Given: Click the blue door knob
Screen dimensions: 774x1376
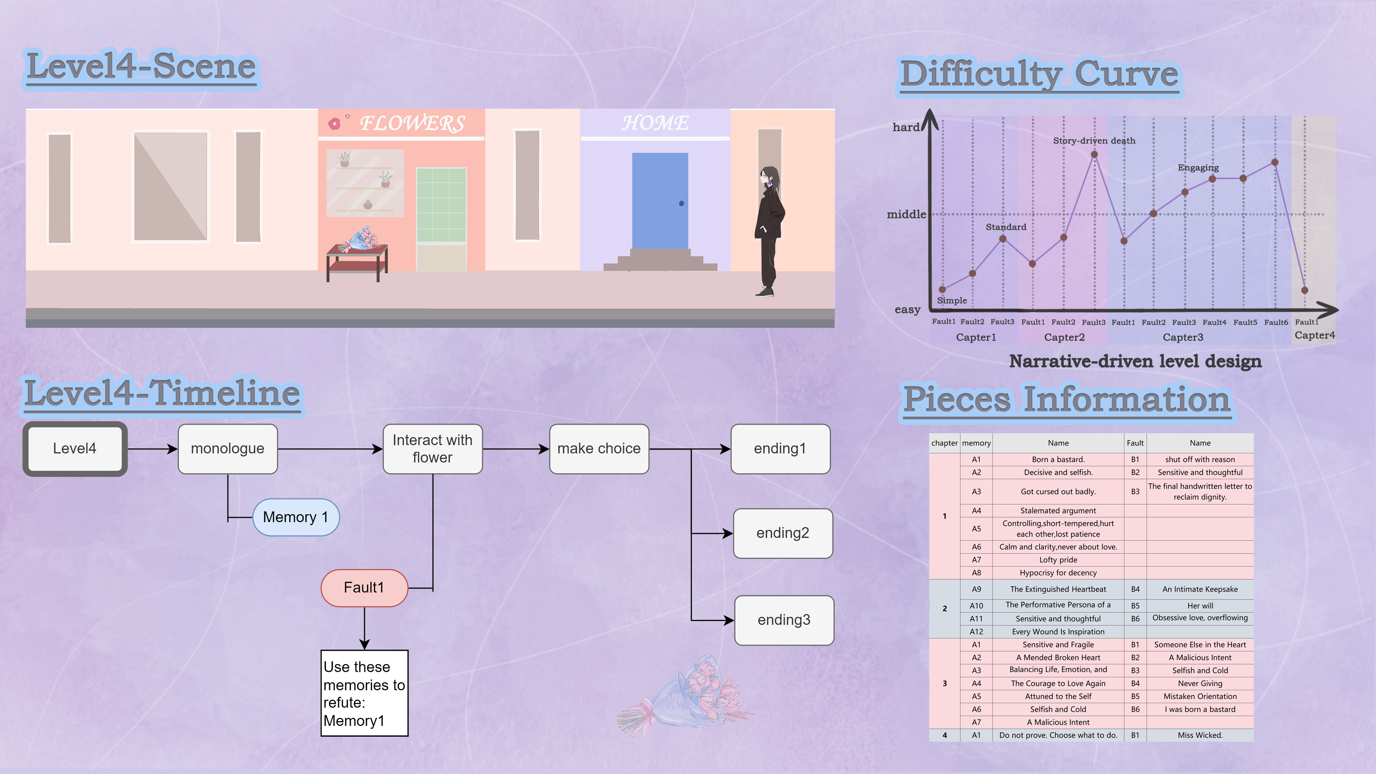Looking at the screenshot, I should pos(681,204).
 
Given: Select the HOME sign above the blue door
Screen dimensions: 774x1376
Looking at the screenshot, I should pos(655,123).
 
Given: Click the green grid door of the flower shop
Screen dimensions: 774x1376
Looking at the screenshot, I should pos(441,205).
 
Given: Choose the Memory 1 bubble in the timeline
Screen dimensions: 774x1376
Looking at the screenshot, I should pos(295,517).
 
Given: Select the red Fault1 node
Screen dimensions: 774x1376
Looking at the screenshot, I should pos(364,588).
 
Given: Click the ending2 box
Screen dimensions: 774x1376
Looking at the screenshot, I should pos(783,533).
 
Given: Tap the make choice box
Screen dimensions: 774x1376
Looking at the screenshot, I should pos(599,449).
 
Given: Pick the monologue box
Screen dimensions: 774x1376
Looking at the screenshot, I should pos(228,449).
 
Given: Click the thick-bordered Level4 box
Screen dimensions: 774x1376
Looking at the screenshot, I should pos(75,449).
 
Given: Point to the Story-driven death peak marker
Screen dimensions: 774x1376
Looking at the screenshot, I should pos(1094,154).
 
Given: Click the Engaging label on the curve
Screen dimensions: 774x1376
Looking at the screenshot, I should pos(1198,168).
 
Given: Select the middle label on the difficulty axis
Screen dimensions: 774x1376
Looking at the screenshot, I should pos(906,215).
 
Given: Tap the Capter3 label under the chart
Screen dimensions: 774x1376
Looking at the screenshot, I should pos(1182,338).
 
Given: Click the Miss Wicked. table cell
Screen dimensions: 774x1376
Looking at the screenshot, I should pos(1200,735).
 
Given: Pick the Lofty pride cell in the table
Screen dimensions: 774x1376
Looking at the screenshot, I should pos(1058,560).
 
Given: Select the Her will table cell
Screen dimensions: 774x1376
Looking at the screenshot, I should pos(1200,606).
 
